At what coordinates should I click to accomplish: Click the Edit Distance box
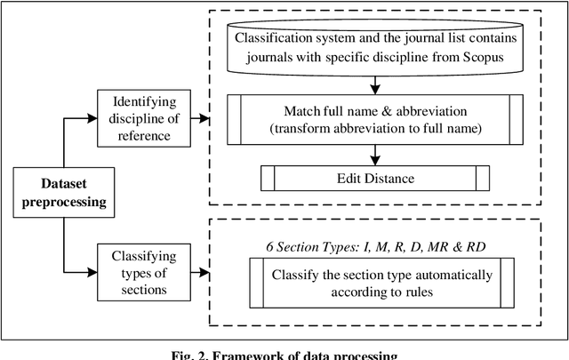[x=374, y=179]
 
